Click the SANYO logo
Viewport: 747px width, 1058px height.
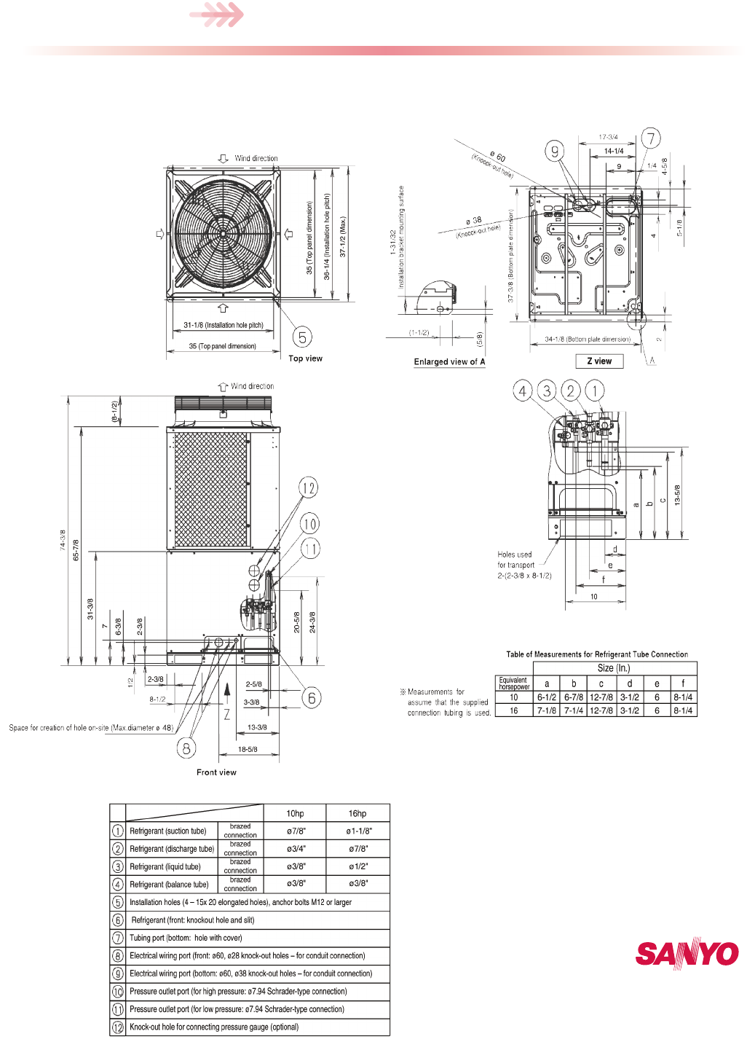point(687,953)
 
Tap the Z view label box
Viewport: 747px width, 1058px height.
point(599,361)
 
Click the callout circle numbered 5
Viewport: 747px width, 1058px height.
point(302,337)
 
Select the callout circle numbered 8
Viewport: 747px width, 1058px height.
point(186,748)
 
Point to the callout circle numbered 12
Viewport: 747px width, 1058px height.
point(309,488)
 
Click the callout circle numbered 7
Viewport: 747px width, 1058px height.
point(651,138)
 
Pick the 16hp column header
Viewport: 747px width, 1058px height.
point(357,813)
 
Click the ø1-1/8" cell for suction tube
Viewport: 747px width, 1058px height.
point(357,831)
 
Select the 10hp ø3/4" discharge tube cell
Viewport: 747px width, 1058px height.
point(296,849)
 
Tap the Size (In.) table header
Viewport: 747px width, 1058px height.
point(614,668)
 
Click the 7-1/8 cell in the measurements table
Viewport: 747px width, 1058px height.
point(547,710)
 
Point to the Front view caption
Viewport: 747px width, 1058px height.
point(216,772)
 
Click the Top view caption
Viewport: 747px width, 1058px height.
point(305,358)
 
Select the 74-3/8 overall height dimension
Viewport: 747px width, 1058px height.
point(63,539)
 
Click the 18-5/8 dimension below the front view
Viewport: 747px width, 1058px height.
point(248,749)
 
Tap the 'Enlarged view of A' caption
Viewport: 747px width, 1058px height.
point(449,361)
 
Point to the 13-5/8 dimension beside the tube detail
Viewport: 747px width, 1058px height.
point(677,495)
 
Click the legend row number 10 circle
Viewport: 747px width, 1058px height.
point(118,992)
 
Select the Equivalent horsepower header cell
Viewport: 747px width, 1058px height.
point(514,683)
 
